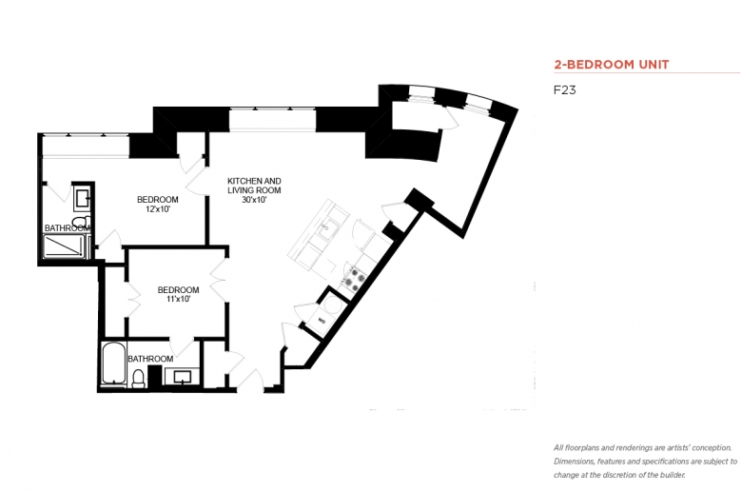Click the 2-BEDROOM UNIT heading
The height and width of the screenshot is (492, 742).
(x=612, y=65)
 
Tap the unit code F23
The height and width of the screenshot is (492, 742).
(x=564, y=90)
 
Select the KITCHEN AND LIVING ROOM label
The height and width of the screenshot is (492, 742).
(x=254, y=186)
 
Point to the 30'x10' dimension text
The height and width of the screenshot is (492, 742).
(x=254, y=200)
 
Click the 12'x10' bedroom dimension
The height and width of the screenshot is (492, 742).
(x=158, y=208)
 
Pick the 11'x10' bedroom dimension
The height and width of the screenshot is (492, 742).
(x=178, y=299)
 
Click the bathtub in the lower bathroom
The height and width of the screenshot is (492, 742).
(x=113, y=364)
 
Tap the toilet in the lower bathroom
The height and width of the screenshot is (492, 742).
(x=138, y=379)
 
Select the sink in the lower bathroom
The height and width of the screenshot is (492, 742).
(x=182, y=378)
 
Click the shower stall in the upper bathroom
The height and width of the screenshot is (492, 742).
(x=65, y=246)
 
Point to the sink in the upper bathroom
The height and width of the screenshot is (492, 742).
(x=82, y=197)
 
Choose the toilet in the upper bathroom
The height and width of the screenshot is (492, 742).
(x=82, y=221)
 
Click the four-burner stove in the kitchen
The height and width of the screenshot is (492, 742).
(x=354, y=279)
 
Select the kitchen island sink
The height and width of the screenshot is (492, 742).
(x=325, y=230)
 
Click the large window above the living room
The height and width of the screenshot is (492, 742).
(x=272, y=120)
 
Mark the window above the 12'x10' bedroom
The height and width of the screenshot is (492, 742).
(x=86, y=146)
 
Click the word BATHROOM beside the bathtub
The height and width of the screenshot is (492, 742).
(x=150, y=359)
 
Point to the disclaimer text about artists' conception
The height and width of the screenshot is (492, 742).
(x=646, y=462)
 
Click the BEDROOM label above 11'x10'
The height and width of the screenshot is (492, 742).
(x=179, y=290)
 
